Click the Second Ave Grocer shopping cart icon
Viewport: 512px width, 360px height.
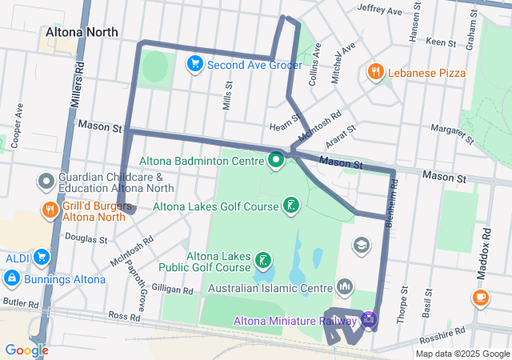(194, 64)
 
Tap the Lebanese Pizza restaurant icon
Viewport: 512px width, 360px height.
(374, 73)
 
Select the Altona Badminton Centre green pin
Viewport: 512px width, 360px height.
(277, 160)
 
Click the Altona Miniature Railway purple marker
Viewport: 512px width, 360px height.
(367, 321)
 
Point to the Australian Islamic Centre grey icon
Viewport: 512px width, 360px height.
(345, 286)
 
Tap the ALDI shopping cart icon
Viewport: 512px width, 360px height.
(41, 258)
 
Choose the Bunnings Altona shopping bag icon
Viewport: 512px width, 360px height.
(12, 278)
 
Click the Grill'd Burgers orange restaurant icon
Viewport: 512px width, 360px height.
(50, 210)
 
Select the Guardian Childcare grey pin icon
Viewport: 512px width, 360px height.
(46, 182)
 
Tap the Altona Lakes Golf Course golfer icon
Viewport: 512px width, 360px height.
(291, 206)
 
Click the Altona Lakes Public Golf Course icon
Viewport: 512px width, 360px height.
(262, 261)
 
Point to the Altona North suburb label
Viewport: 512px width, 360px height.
(82, 32)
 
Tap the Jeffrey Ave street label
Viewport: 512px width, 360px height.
(379, 10)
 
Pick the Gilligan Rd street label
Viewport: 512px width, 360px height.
(172, 290)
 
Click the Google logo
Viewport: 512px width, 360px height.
(26, 350)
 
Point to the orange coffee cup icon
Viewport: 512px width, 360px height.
(480, 298)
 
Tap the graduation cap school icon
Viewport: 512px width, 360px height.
(362, 245)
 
